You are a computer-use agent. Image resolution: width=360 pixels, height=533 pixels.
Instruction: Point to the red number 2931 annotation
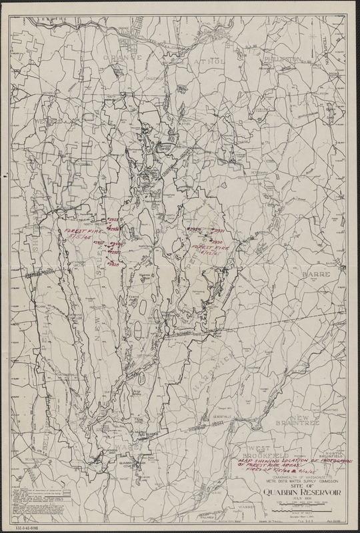click(219, 230)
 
